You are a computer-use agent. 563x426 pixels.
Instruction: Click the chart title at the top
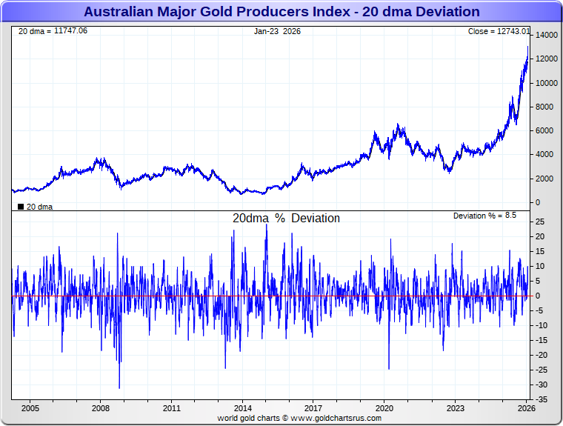281,12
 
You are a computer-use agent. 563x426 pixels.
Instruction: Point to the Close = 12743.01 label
499,31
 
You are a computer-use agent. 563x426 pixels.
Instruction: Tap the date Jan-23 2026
278,31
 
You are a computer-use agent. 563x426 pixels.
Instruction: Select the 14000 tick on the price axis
547,36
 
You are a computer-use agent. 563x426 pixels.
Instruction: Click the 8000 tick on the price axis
544,107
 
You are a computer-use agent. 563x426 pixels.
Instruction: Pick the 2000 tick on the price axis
544,179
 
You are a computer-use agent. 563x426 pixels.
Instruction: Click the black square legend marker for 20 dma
21,207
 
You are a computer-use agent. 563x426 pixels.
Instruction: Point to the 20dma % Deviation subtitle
286,219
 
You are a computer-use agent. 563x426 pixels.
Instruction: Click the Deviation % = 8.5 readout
484,216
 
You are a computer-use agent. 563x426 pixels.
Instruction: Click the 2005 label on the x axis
30,408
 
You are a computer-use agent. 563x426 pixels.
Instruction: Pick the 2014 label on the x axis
243,408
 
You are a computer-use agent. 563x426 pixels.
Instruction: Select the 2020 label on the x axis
384,408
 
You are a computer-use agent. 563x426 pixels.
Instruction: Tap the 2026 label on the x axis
526,408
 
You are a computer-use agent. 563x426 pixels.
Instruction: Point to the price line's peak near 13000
527,47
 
